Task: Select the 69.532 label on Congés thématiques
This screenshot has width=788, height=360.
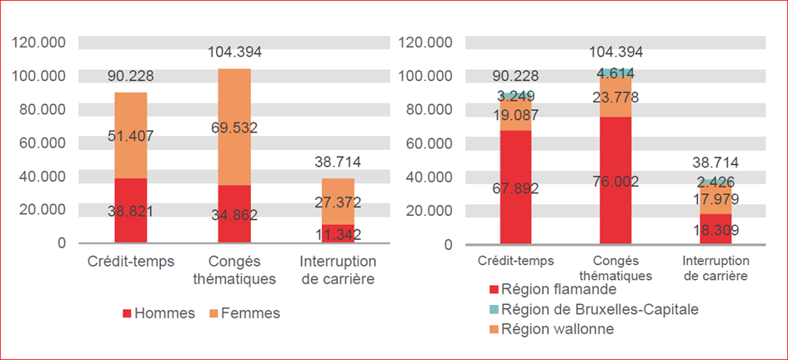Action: tap(234, 128)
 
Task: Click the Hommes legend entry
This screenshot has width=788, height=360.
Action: tap(159, 313)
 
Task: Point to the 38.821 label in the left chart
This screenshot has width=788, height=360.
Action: tap(131, 211)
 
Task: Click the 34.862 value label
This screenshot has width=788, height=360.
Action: tap(234, 215)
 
